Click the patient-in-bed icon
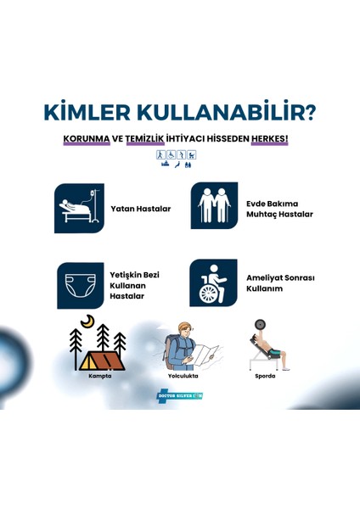79,208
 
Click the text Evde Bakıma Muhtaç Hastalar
278,209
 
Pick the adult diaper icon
79,284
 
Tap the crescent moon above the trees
87,322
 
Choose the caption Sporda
265,376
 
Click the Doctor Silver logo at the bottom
179,396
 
